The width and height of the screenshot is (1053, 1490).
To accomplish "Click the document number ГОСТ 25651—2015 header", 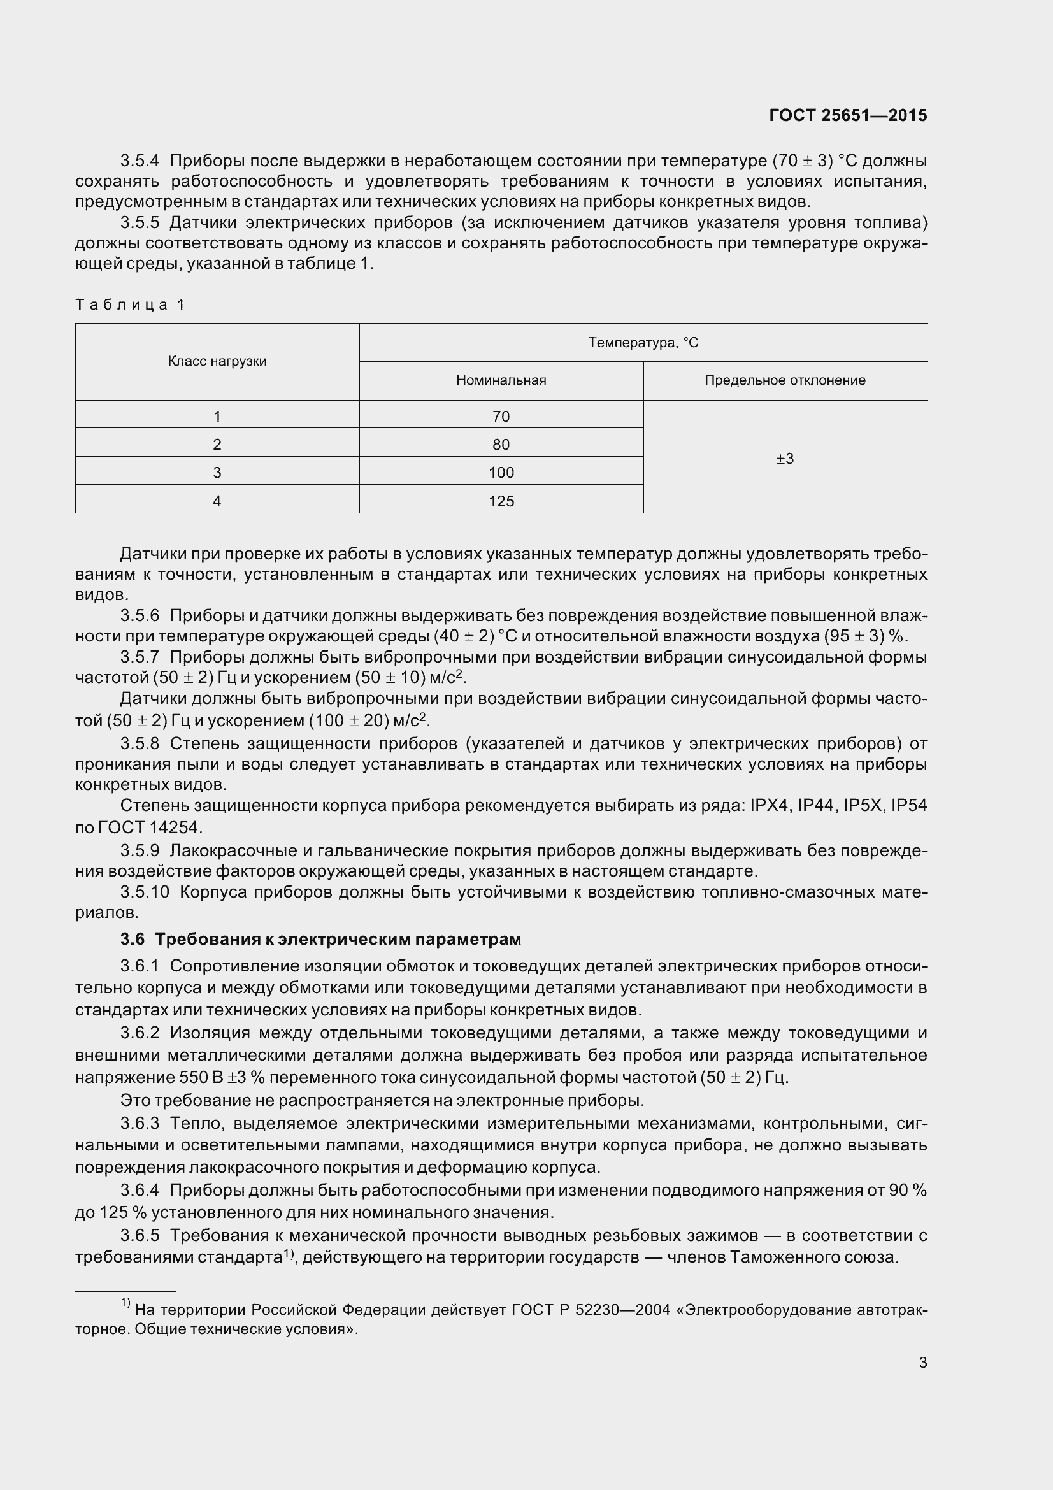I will click(847, 115).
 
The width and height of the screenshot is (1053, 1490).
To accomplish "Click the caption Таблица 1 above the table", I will click(131, 304).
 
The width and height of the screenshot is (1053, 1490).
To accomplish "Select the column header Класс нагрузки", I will click(217, 361).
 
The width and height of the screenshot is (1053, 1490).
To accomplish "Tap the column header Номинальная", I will click(501, 380).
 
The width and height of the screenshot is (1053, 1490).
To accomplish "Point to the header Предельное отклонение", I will click(784, 380).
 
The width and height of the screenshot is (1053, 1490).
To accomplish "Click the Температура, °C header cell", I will click(643, 343).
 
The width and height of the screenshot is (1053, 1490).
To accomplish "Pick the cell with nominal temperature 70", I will click(501, 417).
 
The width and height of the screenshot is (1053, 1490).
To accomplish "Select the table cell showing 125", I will click(501, 501).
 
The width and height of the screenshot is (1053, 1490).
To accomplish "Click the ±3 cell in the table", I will click(784, 459).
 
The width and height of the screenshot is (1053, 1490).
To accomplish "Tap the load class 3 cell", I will click(217, 473).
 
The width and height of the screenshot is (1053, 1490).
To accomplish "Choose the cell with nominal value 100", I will click(501, 473).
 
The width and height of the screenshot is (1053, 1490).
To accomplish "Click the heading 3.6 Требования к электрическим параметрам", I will click(320, 939).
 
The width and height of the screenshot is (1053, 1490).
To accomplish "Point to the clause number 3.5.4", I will click(140, 161).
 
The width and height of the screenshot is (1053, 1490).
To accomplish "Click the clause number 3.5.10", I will click(144, 892).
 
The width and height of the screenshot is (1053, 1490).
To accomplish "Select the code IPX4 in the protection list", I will click(769, 805).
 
